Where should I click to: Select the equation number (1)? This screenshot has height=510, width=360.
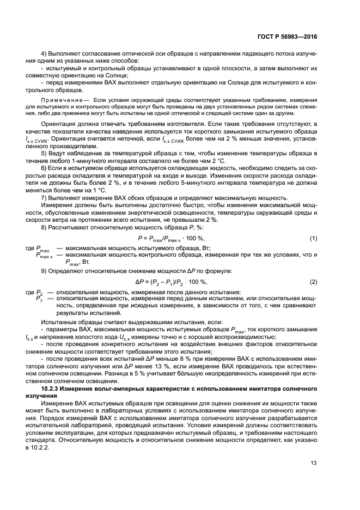[x=313, y=239]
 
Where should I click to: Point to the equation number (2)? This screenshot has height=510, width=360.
[x=313, y=281]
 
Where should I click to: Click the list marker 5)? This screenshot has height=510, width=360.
[x=44, y=161]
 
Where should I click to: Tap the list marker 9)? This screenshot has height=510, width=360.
[x=44, y=270]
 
